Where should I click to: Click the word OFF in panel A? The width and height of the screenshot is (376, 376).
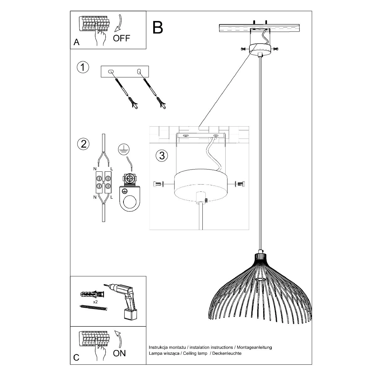click(121, 38)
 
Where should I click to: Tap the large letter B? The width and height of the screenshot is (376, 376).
click(158, 28)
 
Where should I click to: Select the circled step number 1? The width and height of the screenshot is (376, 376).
click(83, 67)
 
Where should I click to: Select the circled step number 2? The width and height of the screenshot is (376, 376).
click(83, 144)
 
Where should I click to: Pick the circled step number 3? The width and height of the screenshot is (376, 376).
click(162, 155)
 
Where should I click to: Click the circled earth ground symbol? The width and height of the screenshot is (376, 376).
click(124, 150)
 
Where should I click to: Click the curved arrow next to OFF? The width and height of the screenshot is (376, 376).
click(118, 23)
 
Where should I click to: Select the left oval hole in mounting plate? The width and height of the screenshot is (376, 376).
click(111, 72)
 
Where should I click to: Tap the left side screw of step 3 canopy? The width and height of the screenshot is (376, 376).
click(158, 184)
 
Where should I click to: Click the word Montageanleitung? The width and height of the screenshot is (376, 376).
click(254, 347)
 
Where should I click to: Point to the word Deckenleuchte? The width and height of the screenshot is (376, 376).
click(227, 353)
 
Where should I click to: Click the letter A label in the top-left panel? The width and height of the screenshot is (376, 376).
click(76, 42)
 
